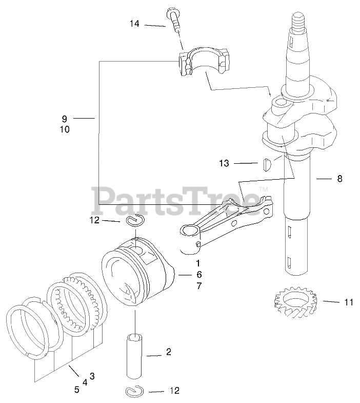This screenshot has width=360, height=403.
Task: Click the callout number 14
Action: pos(134,24)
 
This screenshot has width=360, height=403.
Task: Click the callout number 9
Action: pos(65,119)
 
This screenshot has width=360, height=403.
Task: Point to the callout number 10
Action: pos(65,130)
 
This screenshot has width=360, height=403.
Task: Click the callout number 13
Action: pos(224,163)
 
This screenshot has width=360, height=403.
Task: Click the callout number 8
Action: pos(339,179)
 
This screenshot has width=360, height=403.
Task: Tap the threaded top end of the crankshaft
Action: pos(298,23)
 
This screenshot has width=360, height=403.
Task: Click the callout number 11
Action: pos(349,302)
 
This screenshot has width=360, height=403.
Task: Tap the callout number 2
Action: pos(169,352)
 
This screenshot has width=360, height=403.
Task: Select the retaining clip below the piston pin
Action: pos(136,391)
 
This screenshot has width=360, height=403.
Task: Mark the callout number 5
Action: pos(76,390)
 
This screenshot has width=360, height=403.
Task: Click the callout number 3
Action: pos(92,376)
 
